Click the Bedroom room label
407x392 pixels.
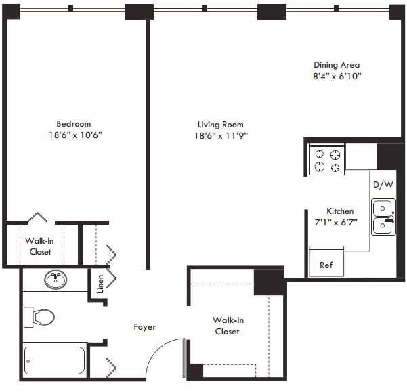[x=73, y=124]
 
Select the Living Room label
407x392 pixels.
[x=220, y=125]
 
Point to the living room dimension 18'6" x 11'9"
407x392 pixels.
[x=220, y=135]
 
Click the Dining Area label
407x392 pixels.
[x=337, y=65]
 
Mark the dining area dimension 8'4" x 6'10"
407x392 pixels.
[x=337, y=76]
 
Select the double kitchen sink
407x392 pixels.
[x=383, y=217]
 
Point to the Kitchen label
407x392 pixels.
[x=340, y=211]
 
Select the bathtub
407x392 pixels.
[x=54, y=362]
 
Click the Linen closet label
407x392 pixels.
[x=100, y=281]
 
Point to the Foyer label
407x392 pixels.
[x=144, y=327]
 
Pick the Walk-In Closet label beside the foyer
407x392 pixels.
[x=226, y=326]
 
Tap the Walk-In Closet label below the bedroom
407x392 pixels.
[x=40, y=246]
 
